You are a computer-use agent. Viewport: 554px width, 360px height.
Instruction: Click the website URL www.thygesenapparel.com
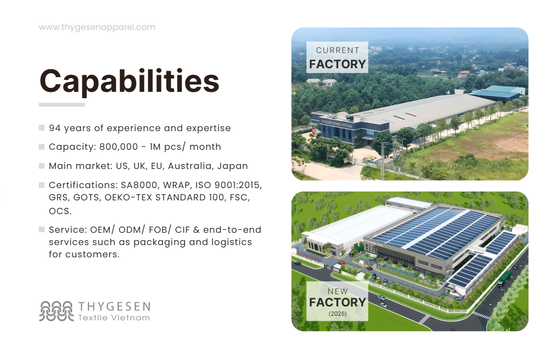click(97, 28)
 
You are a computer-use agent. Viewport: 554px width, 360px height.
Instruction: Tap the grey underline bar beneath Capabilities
click(62, 105)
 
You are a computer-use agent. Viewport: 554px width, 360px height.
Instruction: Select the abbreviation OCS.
click(59, 211)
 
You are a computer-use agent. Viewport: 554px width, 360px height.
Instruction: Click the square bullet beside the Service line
click(42, 229)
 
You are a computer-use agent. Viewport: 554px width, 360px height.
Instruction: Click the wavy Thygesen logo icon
click(56, 311)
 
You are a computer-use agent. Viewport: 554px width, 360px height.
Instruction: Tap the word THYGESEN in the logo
click(114, 307)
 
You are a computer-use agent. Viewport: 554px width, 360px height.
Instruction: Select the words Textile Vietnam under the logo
click(114, 318)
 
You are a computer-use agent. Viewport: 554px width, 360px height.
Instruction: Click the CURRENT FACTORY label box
click(337, 57)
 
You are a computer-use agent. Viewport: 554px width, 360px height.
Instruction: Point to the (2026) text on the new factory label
click(337, 313)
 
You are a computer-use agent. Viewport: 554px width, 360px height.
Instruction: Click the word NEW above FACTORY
click(337, 292)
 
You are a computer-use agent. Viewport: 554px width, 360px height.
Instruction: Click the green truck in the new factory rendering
click(504, 278)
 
